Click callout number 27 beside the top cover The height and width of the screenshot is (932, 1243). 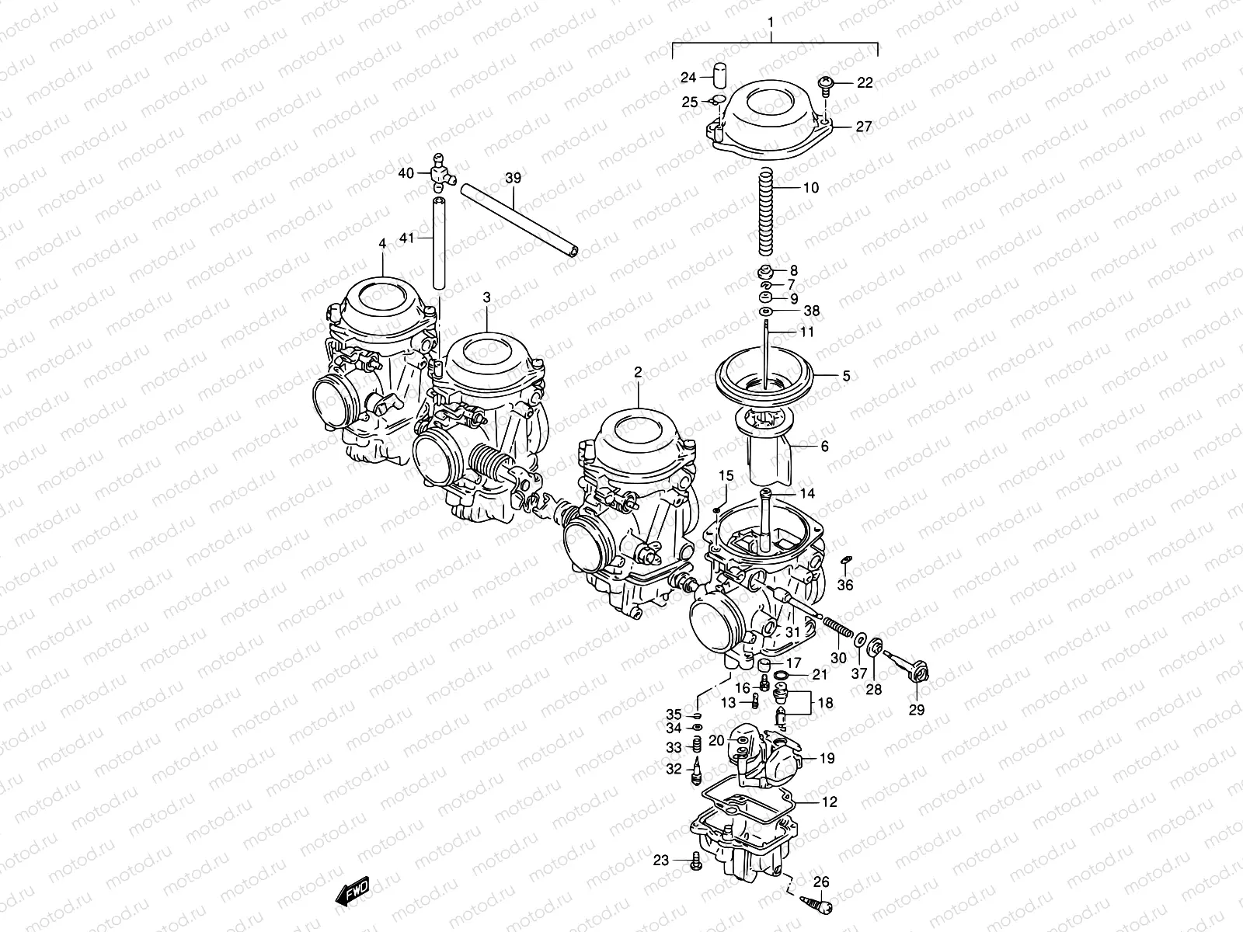[x=864, y=127]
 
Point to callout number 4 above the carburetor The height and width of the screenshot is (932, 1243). [x=381, y=244]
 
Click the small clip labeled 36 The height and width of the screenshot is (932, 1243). [x=848, y=561]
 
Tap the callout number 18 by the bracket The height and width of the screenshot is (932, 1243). [x=824, y=703]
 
